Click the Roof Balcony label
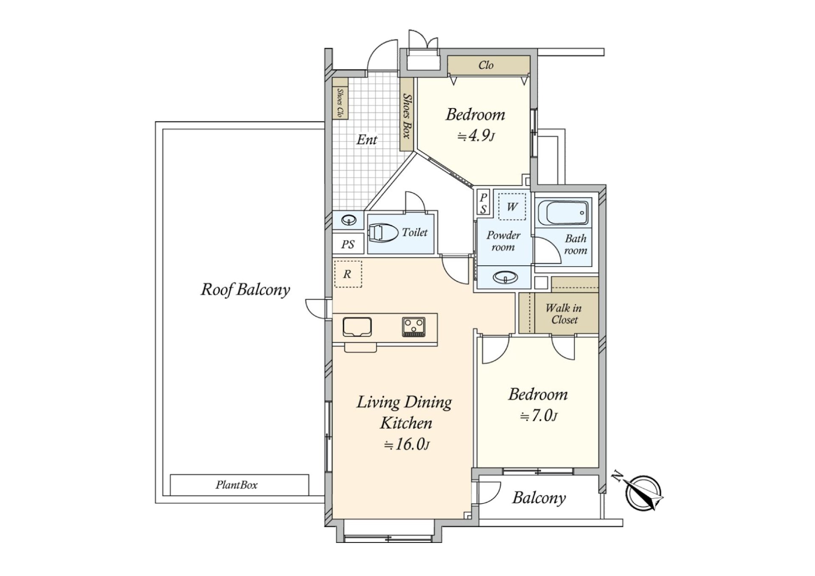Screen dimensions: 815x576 tap(245, 290)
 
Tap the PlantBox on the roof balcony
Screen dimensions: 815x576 tap(239, 485)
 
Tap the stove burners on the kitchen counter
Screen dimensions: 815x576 tap(414, 327)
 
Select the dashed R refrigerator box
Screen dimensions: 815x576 tap(348, 274)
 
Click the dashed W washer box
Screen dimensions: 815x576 tap(512, 207)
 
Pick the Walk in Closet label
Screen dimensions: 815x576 tap(564, 314)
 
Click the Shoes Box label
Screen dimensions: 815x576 tap(407, 116)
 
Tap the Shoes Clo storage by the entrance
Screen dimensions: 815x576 tap(340, 98)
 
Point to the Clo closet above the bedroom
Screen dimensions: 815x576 tap(489, 65)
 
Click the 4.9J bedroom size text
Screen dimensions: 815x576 tap(476, 136)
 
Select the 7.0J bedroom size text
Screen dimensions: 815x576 tap(539, 416)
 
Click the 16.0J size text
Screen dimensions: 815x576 tap(407, 444)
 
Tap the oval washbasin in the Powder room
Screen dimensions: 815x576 tap(506, 278)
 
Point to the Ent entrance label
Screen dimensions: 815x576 tap(367, 140)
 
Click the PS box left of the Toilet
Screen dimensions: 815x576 tap(348, 244)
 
